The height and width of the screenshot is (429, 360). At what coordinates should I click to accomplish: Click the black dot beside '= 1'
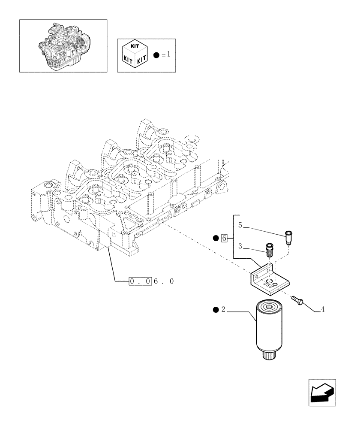tap(156, 55)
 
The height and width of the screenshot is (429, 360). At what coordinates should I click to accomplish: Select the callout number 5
tap(240, 225)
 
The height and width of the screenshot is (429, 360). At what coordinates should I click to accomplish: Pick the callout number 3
tap(240, 246)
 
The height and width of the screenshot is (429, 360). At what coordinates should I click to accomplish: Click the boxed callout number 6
tap(224, 238)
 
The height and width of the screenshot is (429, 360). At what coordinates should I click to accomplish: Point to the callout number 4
tap(322, 309)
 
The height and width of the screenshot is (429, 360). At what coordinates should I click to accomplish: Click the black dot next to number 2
tap(215, 310)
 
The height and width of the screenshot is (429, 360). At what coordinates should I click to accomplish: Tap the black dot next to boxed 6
tap(216, 238)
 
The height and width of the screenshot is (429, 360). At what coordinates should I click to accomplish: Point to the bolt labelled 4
tap(297, 300)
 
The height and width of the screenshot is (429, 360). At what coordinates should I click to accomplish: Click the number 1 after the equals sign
tap(169, 55)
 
